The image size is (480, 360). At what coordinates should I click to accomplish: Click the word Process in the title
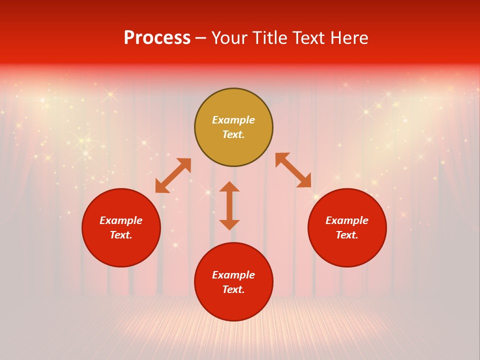coord(157,38)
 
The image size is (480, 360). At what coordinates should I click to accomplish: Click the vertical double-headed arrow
coord(229,205)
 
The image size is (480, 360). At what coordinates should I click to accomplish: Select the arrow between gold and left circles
coord(173,175)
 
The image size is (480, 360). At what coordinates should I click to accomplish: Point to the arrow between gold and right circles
coord(293,170)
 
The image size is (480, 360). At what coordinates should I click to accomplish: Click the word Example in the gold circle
coord(233,120)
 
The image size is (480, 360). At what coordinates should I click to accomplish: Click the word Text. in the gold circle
coord(233,134)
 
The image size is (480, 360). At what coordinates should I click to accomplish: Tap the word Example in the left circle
coord(121,220)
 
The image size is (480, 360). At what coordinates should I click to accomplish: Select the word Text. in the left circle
coord(121,235)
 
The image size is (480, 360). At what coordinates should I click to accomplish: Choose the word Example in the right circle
coord(347,220)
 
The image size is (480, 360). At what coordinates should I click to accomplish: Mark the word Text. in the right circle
coord(347,235)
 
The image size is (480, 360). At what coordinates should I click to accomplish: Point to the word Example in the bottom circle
coord(233,275)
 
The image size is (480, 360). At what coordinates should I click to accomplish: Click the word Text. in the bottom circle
coord(233,289)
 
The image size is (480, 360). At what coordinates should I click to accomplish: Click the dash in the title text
coord(201,38)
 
